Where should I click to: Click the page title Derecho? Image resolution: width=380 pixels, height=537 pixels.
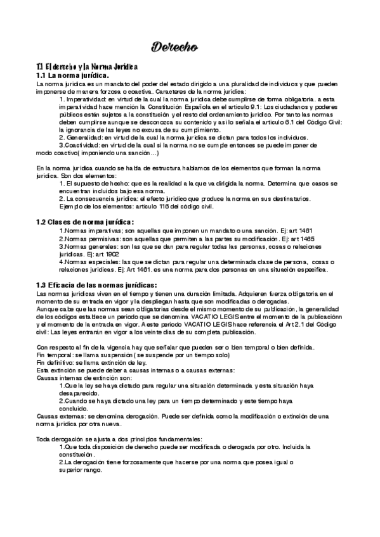174,46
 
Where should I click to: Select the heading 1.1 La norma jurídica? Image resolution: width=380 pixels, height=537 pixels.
73,75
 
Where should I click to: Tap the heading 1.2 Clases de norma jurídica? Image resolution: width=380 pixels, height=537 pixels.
84,222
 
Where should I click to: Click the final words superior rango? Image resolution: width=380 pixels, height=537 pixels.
81,471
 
